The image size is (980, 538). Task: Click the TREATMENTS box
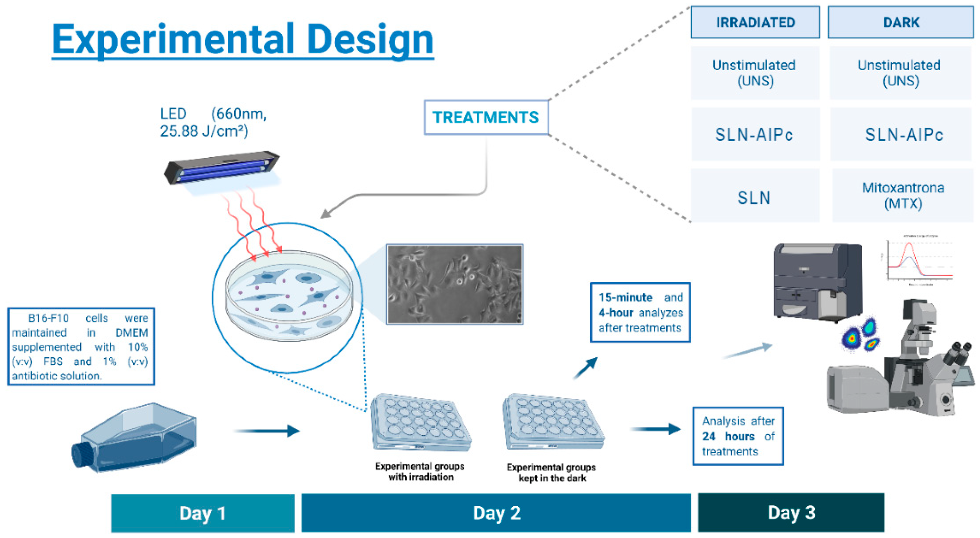point(486,117)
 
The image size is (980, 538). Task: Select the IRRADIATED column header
point(755,22)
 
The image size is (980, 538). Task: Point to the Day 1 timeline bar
point(203,513)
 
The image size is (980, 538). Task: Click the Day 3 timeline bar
point(791,512)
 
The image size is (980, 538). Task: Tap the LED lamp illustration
point(222,168)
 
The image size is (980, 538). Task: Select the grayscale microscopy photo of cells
point(455,284)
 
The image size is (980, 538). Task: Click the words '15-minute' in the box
point(625,297)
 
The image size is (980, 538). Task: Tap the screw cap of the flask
point(81,454)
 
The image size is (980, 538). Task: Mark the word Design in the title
point(370,39)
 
